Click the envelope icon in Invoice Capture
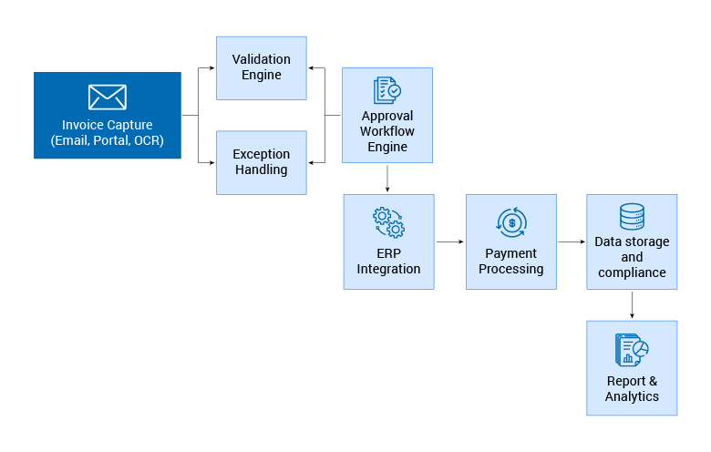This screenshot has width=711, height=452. (x=108, y=97)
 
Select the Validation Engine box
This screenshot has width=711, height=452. (x=262, y=67)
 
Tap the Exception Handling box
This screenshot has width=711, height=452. (x=262, y=162)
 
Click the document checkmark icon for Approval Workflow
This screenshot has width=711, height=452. (x=387, y=90)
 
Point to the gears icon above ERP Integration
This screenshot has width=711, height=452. (x=388, y=222)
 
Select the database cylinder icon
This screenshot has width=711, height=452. (x=632, y=217)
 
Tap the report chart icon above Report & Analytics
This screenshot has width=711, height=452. (x=632, y=349)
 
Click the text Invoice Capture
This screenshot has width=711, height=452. (x=108, y=125)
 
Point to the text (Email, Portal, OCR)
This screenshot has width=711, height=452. (x=108, y=141)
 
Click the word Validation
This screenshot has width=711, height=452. (x=262, y=59)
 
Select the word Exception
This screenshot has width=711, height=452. (x=262, y=154)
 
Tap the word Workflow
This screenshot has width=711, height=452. (x=387, y=131)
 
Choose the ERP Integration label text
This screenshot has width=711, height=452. (x=388, y=261)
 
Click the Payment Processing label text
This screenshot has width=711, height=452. (x=511, y=261)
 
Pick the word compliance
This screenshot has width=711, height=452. (x=632, y=272)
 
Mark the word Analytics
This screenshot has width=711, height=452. (x=632, y=396)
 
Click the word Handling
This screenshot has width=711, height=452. (x=262, y=169)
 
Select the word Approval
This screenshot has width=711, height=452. (x=387, y=116)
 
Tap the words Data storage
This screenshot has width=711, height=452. (x=632, y=241)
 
